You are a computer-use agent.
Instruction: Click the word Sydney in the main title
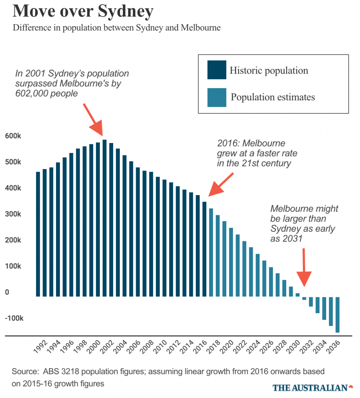[125, 12]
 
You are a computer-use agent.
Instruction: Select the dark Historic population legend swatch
[217, 70]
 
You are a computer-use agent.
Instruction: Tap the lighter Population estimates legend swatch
[217, 97]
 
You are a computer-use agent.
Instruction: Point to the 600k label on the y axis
[13, 136]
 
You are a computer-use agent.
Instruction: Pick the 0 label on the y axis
[7, 292]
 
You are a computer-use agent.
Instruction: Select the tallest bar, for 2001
[104, 218]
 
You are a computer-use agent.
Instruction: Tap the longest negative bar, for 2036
[337, 314]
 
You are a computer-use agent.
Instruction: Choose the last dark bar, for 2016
[204, 249]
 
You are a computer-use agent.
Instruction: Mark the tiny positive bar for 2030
[297, 295]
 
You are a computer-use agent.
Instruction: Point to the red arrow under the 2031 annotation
[304, 268]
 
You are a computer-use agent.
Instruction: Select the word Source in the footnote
[23, 371]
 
